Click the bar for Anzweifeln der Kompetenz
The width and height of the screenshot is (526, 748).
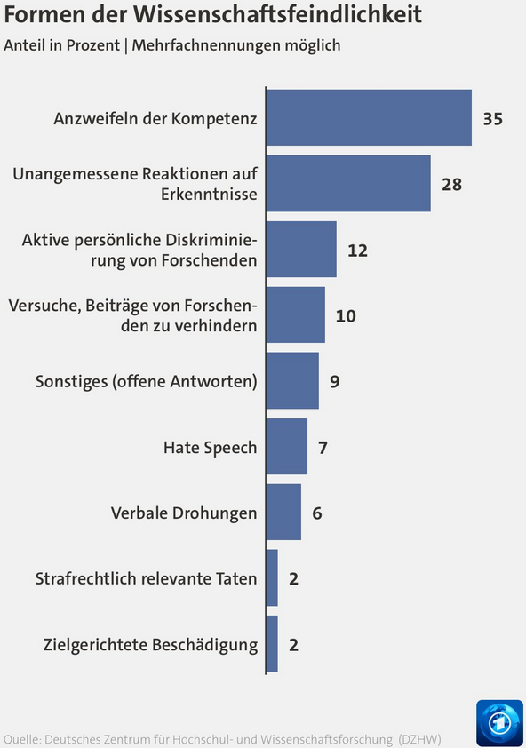coord(369,117)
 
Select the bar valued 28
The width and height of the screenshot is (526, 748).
coord(348,183)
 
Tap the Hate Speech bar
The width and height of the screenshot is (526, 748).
coord(287,447)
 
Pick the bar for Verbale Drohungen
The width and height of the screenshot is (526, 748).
coord(283,512)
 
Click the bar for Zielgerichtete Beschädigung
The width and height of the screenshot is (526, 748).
coord(272,643)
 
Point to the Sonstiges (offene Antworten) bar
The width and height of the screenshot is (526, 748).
coord(292,381)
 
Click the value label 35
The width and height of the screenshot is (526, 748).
coord(492,119)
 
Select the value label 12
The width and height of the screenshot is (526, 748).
coord(357,251)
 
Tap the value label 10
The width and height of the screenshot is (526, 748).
coord(346,315)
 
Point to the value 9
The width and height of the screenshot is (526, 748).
coord(335,382)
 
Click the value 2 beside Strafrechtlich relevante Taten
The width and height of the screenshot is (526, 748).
coord(293,578)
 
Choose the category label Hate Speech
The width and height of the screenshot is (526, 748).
coord(210,448)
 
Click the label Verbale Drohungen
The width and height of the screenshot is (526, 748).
coord(184,513)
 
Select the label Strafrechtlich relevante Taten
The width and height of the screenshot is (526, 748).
coord(146,578)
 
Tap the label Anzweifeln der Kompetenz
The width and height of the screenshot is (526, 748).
coord(155,119)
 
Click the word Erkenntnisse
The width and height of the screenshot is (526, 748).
coord(209,195)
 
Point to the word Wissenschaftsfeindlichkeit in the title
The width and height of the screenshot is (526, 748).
coord(277,14)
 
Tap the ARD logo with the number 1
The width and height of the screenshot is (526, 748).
coord(499,722)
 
